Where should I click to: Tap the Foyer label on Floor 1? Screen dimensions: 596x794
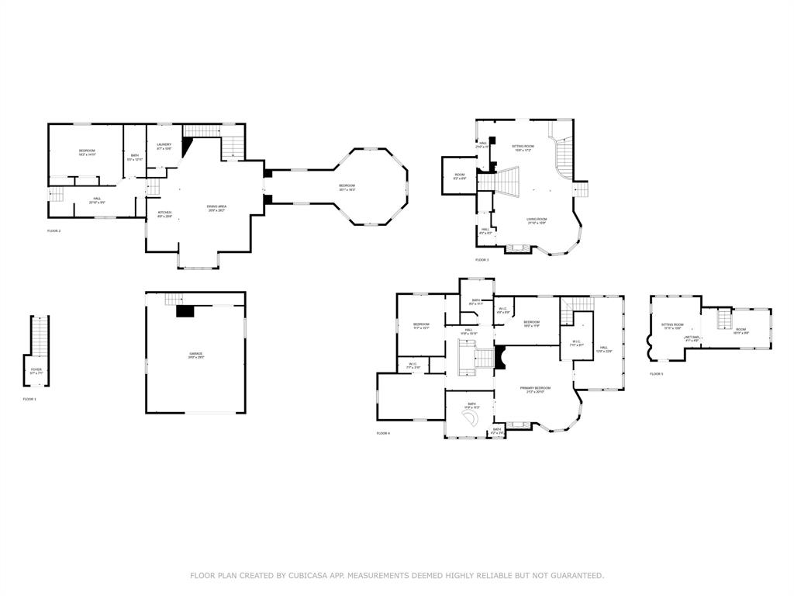(36, 371)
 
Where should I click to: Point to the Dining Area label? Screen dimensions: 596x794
(216, 207)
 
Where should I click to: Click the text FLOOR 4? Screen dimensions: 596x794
(383, 433)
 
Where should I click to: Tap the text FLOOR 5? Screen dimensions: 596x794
(657, 374)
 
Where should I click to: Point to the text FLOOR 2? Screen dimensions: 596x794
(54, 231)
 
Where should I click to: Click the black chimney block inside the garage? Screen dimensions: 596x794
(185, 310)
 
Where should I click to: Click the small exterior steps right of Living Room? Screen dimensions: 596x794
(581, 189)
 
